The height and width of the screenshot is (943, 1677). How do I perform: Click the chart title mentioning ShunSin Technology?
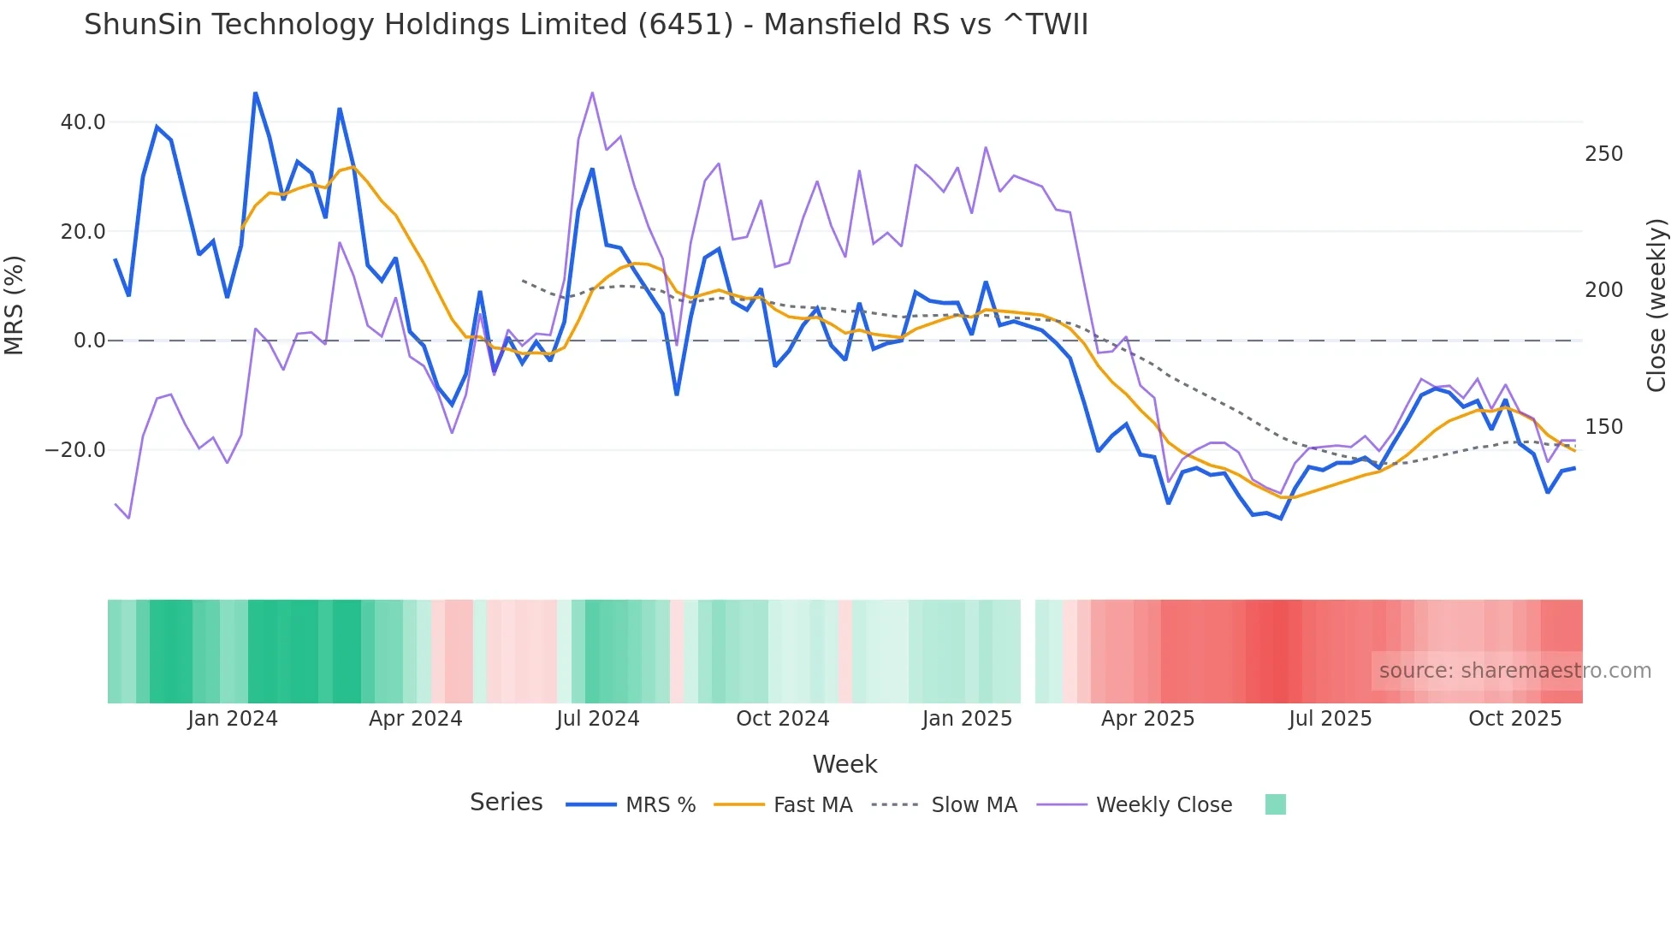coord(585,25)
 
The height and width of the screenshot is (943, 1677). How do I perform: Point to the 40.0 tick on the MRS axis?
coord(83,122)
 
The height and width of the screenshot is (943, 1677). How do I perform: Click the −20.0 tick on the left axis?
coord(75,450)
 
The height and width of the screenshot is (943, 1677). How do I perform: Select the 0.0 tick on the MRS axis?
coord(90,341)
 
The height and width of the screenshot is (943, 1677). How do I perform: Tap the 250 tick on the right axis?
coord(1603,154)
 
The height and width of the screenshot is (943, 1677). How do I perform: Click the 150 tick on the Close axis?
coord(1603,427)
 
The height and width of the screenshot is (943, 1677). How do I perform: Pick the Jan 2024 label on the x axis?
coord(233,719)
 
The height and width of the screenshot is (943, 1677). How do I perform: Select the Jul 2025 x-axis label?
coord(1330,719)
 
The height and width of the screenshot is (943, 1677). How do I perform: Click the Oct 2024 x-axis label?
coord(782,719)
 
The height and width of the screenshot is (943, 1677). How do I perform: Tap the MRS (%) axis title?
coord(15,305)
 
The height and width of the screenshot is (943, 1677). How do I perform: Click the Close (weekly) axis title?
coord(1656,305)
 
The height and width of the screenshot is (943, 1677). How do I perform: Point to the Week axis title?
coord(844,764)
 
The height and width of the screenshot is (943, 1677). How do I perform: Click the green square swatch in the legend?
coord(1275,804)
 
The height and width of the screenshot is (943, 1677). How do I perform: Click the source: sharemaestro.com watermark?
coord(1514,671)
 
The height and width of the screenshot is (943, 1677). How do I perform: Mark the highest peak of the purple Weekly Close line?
coord(592,92)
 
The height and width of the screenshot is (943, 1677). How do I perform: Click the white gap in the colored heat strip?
coord(1028,651)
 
